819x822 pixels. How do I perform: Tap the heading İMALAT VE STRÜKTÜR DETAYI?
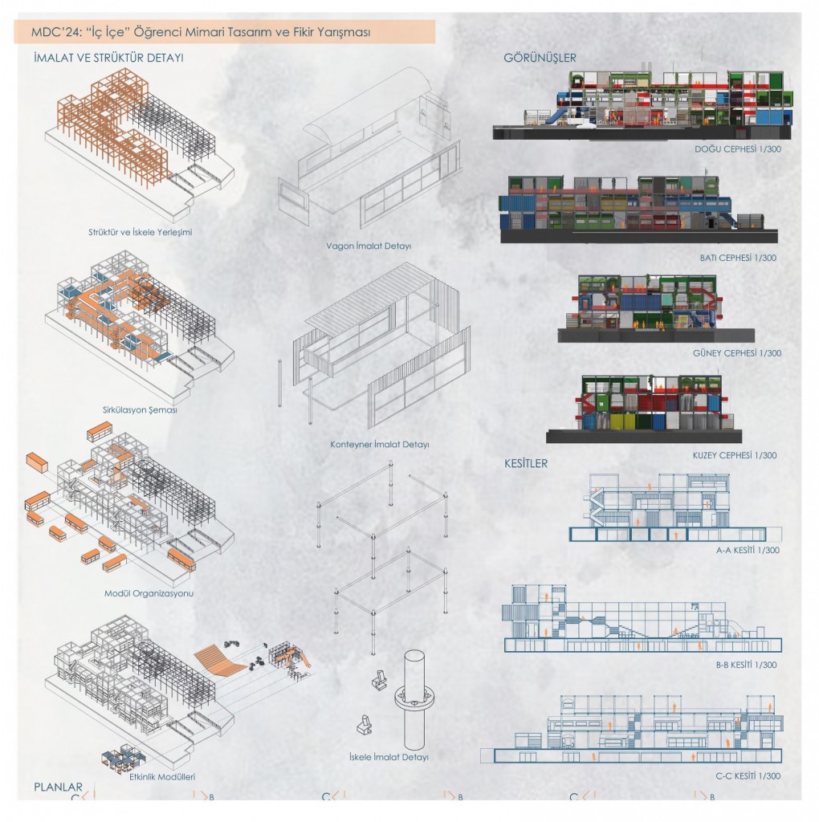[108, 58]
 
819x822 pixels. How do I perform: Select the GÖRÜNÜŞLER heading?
[540, 58]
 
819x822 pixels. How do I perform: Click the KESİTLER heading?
[525, 463]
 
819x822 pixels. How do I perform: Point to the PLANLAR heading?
[58, 787]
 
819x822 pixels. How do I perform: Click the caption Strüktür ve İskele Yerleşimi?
[140, 232]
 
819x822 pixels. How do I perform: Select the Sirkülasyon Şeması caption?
[140, 410]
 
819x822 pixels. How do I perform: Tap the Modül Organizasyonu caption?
[149, 593]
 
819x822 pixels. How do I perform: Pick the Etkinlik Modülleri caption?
[162, 777]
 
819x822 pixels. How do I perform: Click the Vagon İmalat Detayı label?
[369, 246]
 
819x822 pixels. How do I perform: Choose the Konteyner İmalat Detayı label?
[380, 445]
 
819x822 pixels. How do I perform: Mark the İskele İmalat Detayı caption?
[389, 757]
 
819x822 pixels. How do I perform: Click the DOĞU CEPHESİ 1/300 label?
[738, 149]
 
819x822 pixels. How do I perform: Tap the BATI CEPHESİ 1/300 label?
[738, 258]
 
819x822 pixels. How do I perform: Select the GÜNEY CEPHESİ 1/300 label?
[736, 353]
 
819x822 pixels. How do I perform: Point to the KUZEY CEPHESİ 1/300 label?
[735, 456]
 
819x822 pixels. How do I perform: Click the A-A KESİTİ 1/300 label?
[748, 551]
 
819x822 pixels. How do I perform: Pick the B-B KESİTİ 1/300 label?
[747, 665]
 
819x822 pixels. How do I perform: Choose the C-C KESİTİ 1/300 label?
[748, 776]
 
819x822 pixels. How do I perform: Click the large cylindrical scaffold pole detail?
[415, 700]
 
